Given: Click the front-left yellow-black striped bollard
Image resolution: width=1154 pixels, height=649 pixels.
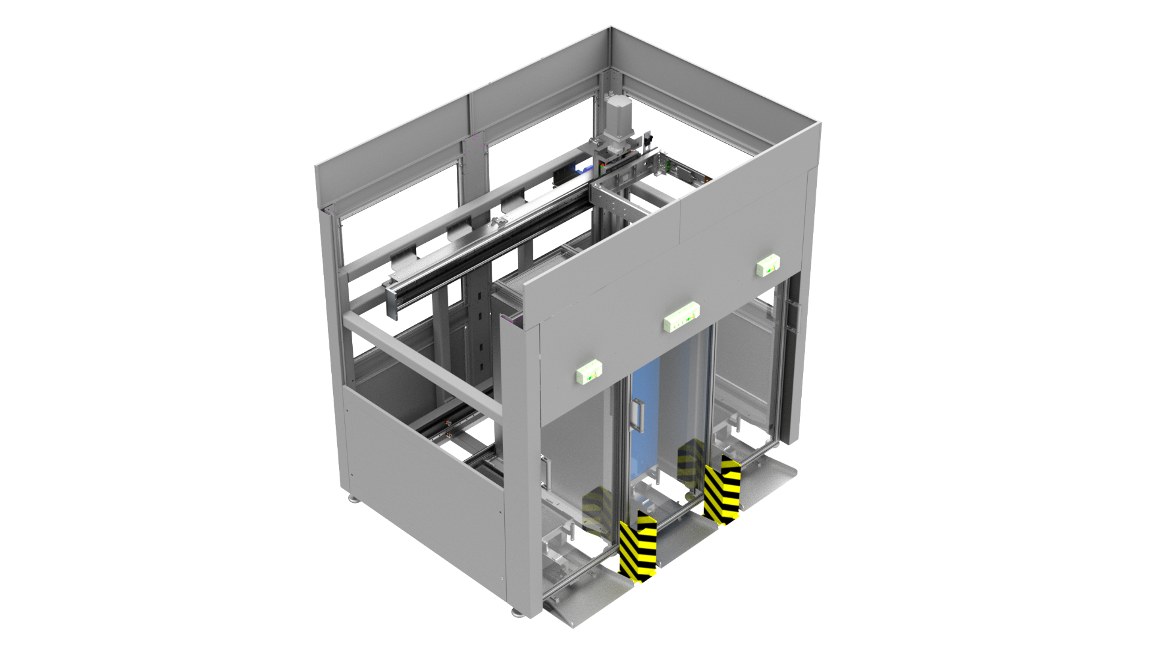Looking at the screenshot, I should pyautogui.click(x=639, y=545).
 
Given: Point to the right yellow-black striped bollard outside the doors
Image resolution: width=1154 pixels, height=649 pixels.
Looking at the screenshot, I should pyautogui.click(x=724, y=490).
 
